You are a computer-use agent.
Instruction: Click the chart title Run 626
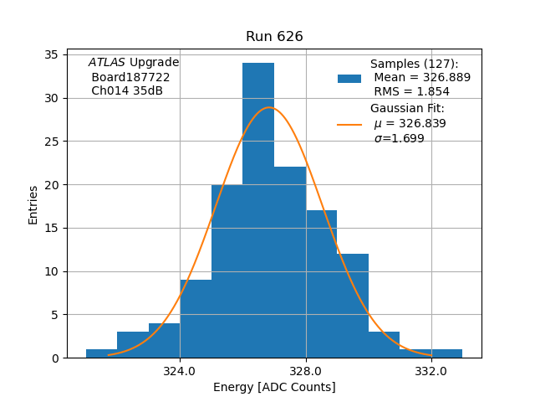click(274, 37)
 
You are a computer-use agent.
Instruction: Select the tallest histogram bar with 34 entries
click(258, 209)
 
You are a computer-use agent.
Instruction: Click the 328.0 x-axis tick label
click(306, 371)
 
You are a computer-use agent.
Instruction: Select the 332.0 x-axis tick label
click(431, 371)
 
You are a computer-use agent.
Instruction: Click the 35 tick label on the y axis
click(50, 55)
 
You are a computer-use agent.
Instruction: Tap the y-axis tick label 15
click(50, 229)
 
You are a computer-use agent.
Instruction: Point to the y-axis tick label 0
click(53, 358)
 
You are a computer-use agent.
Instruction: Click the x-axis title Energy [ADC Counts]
click(274, 387)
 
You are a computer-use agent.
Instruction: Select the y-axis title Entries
click(33, 204)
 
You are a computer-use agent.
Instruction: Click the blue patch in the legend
click(349, 78)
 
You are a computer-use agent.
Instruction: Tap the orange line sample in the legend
click(349, 124)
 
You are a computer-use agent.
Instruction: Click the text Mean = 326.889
click(422, 77)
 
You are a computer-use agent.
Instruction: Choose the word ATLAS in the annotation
click(107, 63)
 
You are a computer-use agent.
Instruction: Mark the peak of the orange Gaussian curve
click(269, 107)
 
